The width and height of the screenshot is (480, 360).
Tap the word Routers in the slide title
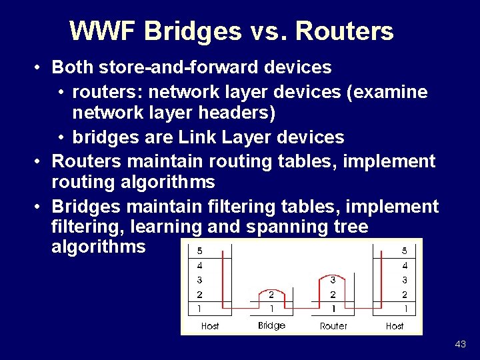click(344, 31)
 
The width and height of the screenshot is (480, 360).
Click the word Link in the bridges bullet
click(199, 137)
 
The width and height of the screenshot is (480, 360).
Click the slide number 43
click(460, 344)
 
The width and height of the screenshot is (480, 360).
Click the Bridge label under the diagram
click(271, 325)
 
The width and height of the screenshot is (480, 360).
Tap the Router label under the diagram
click(333, 326)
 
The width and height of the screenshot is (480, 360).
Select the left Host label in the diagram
click(210, 326)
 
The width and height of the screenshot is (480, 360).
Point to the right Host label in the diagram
click(395, 326)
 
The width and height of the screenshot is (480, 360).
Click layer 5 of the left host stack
click(200, 251)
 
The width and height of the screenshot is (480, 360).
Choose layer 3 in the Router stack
click(333, 280)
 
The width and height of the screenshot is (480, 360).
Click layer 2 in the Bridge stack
click(271, 294)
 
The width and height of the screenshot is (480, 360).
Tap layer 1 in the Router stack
click(333, 309)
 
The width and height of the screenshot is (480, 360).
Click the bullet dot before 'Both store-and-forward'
click(40, 68)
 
